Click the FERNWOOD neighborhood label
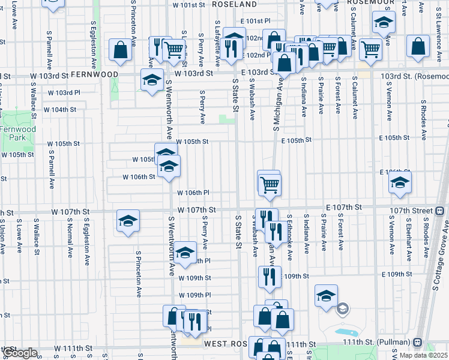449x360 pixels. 94,73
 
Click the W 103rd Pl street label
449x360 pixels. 64,92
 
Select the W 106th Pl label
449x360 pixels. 193,193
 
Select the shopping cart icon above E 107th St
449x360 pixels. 270,185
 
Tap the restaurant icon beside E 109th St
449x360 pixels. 268,277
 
